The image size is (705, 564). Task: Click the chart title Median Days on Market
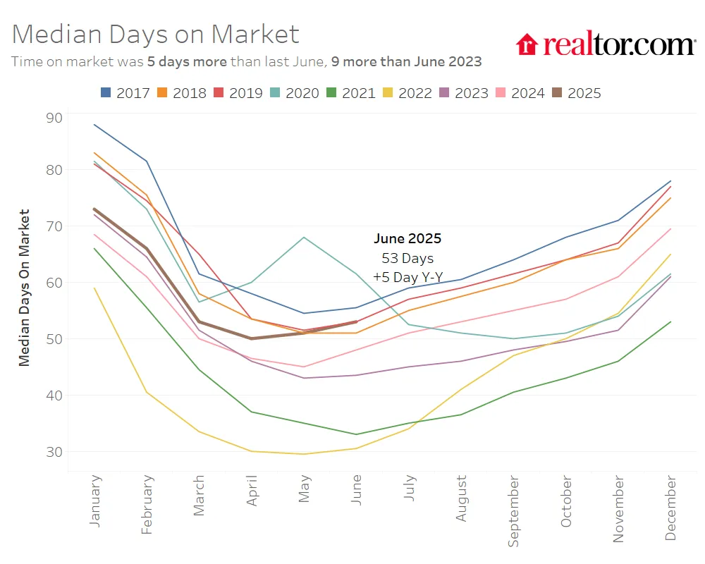pyautogui.click(x=156, y=34)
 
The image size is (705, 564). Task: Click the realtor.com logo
pyautogui.click(x=606, y=44)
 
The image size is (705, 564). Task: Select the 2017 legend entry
pyautogui.click(x=125, y=92)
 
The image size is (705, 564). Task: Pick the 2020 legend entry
pyautogui.click(x=294, y=92)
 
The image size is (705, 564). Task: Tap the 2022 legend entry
pyautogui.click(x=407, y=92)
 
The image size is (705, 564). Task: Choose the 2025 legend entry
pyautogui.click(x=576, y=92)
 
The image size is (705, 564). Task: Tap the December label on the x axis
pyautogui.click(x=670, y=508)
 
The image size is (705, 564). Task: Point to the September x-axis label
pyautogui.click(x=514, y=510)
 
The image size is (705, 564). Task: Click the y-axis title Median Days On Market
pyautogui.click(x=25, y=287)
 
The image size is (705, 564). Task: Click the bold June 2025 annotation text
pyautogui.click(x=407, y=238)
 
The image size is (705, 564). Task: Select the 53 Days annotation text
pyautogui.click(x=407, y=258)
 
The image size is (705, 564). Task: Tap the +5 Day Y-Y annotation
pyautogui.click(x=407, y=277)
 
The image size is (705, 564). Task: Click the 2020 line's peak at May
pyautogui.click(x=304, y=237)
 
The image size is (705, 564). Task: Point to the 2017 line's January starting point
pyautogui.click(x=94, y=125)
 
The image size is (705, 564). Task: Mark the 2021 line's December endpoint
pyautogui.click(x=670, y=322)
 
